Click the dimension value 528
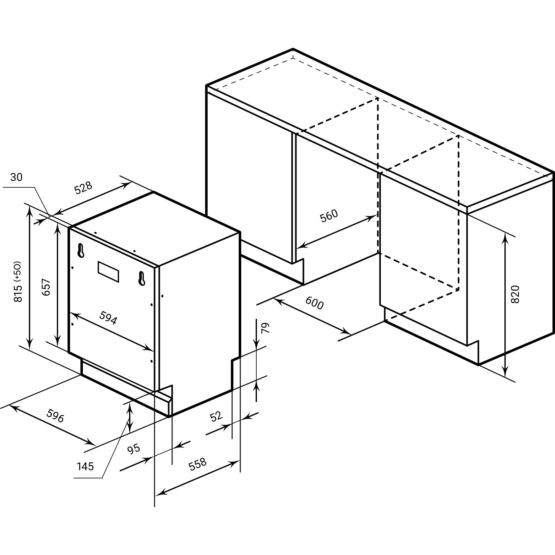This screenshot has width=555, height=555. [x=83, y=188]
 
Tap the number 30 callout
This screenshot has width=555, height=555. [x=16, y=177]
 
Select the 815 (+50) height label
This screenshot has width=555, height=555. [x=18, y=281]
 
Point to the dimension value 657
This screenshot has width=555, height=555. [x=46, y=287]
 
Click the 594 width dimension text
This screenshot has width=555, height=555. [x=108, y=318]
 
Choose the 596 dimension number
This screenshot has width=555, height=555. [x=55, y=416]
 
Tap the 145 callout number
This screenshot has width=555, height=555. [x=85, y=466]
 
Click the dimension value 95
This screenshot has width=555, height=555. [x=134, y=449]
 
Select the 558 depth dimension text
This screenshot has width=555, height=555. [x=198, y=464]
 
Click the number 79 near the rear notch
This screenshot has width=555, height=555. [x=266, y=328]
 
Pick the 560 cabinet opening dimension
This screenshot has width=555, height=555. [x=329, y=215]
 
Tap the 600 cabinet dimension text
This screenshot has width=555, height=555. [x=314, y=303]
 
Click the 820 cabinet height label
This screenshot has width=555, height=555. [x=515, y=294]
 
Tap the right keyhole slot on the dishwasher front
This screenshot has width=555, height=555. [x=142, y=278]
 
